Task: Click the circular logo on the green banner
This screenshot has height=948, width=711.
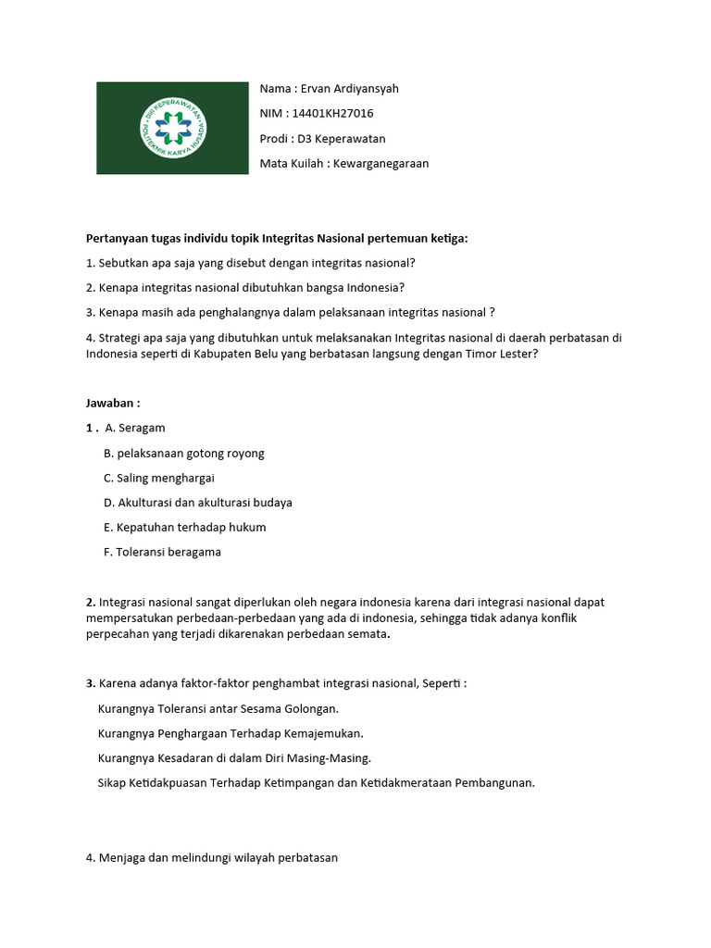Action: pyautogui.click(x=173, y=128)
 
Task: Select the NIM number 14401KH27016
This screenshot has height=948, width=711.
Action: pyautogui.click(x=332, y=114)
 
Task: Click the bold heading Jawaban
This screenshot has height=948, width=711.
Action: pyautogui.click(x=112, y=404)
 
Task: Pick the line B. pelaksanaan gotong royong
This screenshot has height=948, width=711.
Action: pyautogui.click(x=184, y=454)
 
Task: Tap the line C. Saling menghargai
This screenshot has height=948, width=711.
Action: pyautogui.click(x=159, y=479)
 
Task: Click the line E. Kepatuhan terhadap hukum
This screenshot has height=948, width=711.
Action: pyautogui.click(x=185, y=528)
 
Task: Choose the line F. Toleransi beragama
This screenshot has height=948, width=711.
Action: pyautogui.click(x=163, y=553)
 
